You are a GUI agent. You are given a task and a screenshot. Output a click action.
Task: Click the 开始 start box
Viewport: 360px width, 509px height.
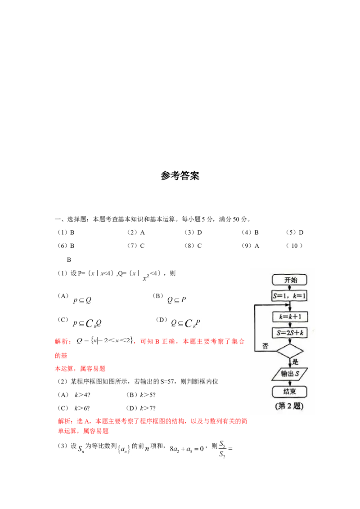(290, 280)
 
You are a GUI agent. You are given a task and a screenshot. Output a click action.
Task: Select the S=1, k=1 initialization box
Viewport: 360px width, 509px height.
(290, 296)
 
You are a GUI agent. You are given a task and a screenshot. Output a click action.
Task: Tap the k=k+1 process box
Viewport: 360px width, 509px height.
(290, 317)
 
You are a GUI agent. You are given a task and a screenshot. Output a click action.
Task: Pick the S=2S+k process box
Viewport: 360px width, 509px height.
(290, 333)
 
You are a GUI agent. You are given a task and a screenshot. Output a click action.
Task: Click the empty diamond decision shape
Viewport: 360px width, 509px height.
(290, 351)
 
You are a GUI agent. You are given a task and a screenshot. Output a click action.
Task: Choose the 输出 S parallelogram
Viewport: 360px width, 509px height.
(290, 374)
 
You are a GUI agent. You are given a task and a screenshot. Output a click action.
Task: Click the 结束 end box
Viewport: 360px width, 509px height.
(290, 391)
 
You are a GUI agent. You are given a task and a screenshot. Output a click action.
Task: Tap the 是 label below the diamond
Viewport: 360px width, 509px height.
(296, 361)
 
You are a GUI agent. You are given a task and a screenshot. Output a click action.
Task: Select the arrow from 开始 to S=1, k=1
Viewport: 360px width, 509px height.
(290, 288)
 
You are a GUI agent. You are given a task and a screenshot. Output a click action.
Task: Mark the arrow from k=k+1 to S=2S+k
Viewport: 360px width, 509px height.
(290, 325)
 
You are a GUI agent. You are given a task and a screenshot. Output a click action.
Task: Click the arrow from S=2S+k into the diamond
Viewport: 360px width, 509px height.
(290, 341)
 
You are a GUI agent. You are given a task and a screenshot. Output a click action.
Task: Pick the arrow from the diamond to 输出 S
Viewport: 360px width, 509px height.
(290, 363)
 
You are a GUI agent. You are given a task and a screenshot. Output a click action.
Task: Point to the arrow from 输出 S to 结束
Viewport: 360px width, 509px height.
(290, 382)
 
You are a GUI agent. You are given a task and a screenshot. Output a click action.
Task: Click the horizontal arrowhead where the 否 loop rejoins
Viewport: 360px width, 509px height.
(287, 306)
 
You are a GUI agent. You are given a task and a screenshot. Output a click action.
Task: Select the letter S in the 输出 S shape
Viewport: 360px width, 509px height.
(297, 374)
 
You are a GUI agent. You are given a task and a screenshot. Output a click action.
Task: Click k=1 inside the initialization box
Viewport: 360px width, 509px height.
(299, 296)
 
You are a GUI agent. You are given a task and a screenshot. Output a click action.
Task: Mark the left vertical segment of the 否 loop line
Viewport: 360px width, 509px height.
(255, 328)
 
